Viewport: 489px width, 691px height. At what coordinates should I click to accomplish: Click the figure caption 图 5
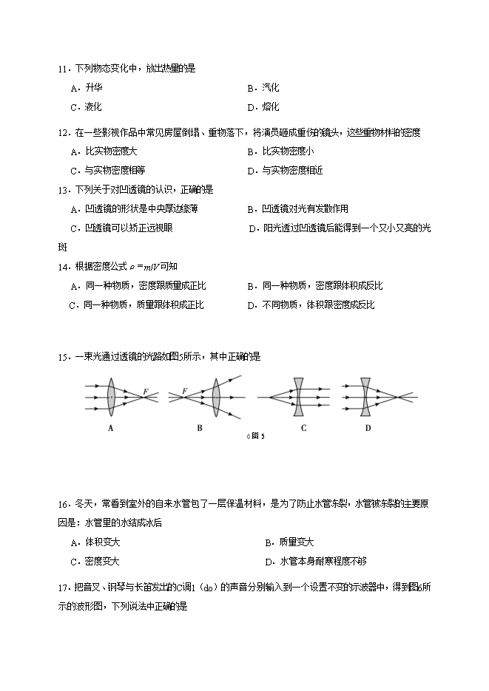click(x=257, y=436)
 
